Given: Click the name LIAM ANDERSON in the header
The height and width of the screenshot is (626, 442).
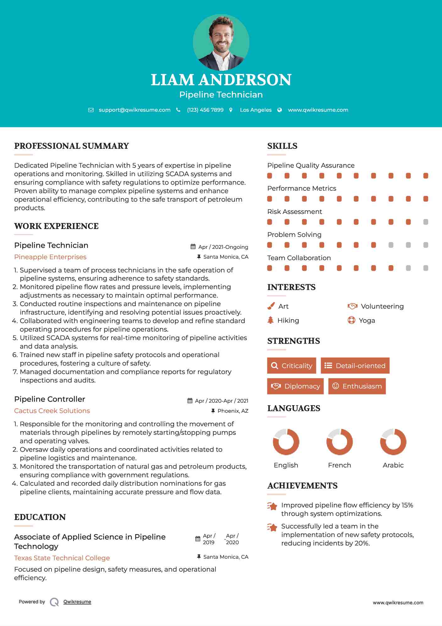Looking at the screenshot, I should click(x=221, y=80).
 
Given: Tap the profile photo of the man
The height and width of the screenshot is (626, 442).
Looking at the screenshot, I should click(x=221, y=42).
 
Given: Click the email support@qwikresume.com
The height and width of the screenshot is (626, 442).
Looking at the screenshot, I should click(x=134, y=110).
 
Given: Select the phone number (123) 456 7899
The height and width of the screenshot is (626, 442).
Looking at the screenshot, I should click(x=205, y=110).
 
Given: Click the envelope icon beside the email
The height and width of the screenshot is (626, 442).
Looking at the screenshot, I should click(x=91, y=110).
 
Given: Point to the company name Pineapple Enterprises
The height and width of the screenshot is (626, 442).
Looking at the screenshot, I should click(x=50, y=257).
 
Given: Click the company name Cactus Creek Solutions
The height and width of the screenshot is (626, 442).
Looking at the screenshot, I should click(x=52, y=411).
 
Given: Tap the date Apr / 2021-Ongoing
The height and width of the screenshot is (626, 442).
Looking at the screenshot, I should click(x=223, y=247).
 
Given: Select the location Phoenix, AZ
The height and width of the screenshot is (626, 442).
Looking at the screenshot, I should click(x=233, y=411).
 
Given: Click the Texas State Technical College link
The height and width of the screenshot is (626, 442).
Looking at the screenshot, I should click(x=62, y=558).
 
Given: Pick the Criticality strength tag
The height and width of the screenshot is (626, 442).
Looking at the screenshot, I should click(x=292, y=366).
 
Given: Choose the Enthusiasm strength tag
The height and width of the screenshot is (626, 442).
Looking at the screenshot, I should click(x=357, y=386).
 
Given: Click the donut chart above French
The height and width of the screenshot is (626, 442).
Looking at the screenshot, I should click(x=339, y=442).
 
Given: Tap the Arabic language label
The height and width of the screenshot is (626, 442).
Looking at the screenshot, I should click(x=393, y=465).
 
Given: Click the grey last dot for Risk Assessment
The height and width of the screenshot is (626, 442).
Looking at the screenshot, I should click(x=426, y=222).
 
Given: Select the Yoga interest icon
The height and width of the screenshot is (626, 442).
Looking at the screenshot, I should click(x=351, y=320).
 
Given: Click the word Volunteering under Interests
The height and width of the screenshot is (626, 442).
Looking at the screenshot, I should click(x=382, y=306).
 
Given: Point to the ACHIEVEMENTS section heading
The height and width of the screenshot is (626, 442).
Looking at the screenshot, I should click(x=302, y=486).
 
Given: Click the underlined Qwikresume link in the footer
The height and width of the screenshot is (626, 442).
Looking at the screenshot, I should click(x=77, y=602).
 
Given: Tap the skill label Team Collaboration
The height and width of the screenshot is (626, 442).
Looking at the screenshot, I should click(x=299, y=258).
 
